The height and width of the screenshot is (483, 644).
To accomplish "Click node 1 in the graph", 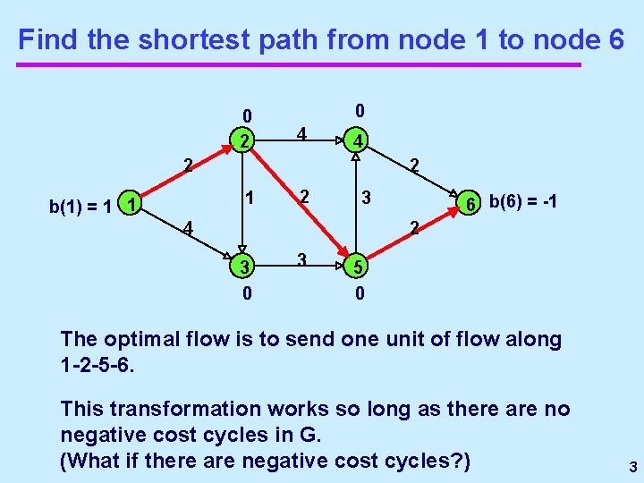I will pos(131,205).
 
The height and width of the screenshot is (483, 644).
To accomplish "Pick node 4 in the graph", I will pos(356,140).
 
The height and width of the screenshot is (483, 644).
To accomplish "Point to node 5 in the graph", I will pos(357,267).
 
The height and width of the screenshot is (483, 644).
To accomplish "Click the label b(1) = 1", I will pos(80,207).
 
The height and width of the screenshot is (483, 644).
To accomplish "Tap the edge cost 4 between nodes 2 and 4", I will pos(302,134).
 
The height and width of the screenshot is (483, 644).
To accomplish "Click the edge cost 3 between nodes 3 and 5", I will pos(302,260).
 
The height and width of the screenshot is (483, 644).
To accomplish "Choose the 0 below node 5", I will pos(358,292).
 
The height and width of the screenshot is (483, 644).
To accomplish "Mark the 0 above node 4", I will pos(358,112).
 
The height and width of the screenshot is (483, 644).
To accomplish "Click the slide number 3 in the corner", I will pos(631,467).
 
